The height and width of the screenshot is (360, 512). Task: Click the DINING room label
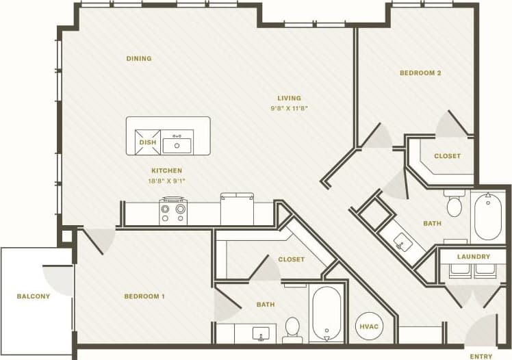[138, 59]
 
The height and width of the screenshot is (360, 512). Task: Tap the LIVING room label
[289, 98]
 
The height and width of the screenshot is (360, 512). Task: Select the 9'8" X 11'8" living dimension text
[289, 109]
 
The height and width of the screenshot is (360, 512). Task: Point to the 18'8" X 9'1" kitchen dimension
[167, 181]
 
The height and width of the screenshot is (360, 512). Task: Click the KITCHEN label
[167, 170]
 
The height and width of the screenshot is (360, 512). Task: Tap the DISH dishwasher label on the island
[148, 142]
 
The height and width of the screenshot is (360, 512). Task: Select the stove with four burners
[173, 209]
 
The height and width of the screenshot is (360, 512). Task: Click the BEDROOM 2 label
[420, 73]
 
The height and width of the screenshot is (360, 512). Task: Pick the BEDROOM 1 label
[144, 296]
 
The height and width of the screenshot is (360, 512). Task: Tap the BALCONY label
[34, 296]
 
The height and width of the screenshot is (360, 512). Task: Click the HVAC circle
[368, 326]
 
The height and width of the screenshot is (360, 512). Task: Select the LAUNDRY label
[474, 257]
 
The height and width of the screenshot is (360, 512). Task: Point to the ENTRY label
[481, 356]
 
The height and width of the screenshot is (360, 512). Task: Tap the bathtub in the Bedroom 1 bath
[326, 313]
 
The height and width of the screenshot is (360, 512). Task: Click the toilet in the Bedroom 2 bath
[454, 204]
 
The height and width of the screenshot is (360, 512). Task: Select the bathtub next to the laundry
[487, 216]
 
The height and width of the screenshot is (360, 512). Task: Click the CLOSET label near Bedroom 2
[447, 156]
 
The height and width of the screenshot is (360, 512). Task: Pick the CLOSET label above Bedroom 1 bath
[291, 259]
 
